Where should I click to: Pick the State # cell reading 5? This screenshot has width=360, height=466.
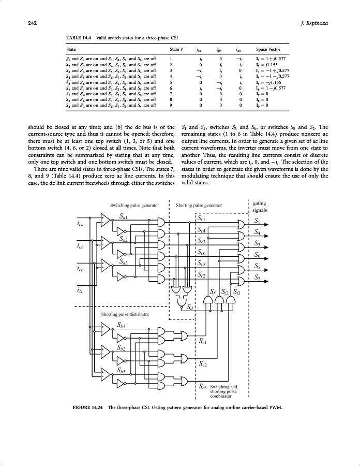click(x=171, y=82)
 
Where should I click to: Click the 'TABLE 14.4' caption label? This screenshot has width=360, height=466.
click(x=78, y=38)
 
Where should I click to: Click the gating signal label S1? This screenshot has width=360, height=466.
click(x=258, y=221)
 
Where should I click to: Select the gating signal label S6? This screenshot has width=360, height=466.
click(x=258, y=254)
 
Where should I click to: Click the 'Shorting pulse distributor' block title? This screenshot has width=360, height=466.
click(x=126, y=314)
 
